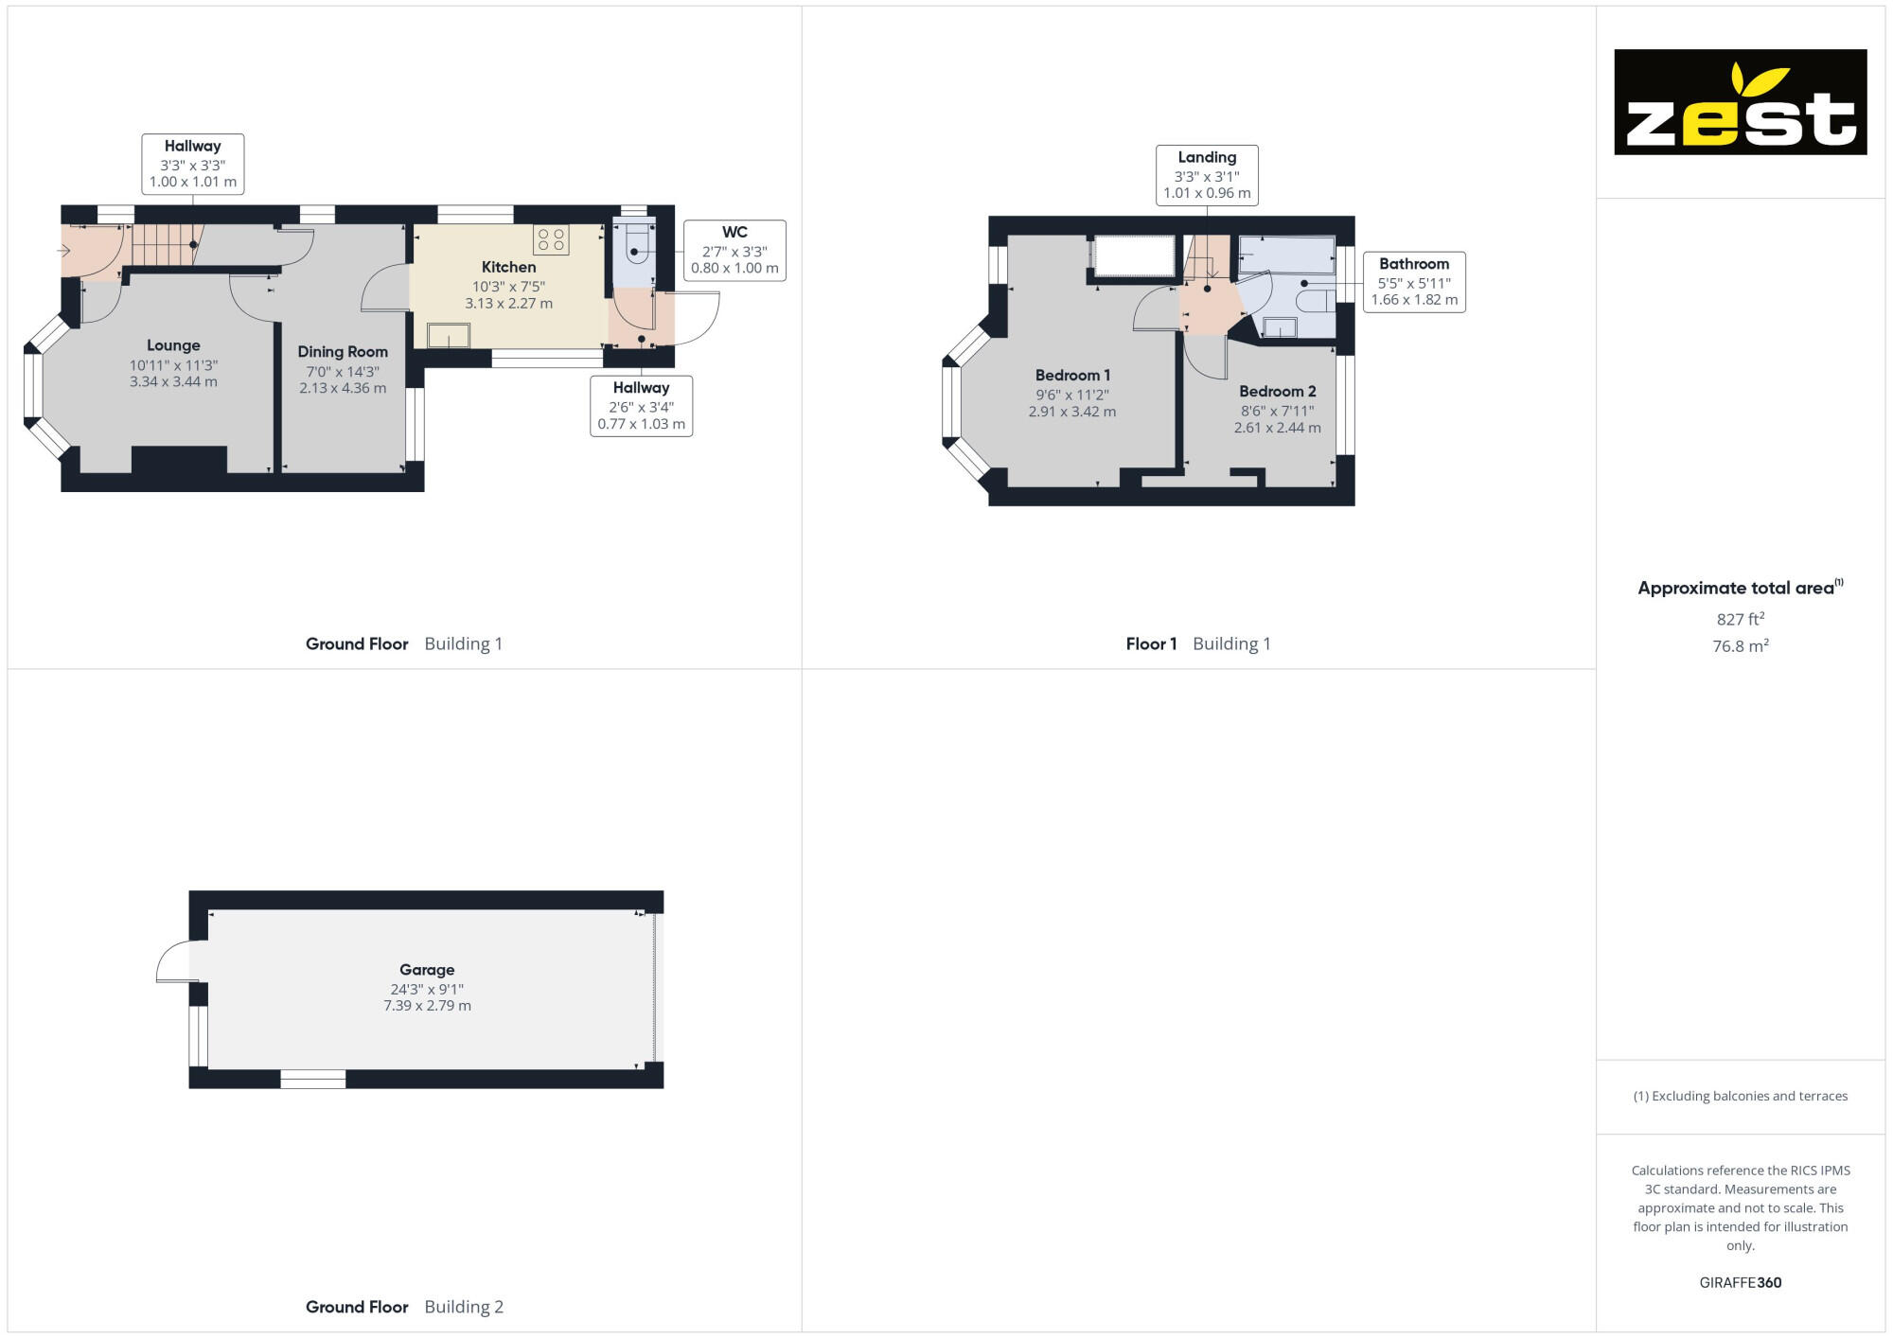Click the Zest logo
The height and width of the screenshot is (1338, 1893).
1740,102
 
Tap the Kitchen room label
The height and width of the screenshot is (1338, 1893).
508,267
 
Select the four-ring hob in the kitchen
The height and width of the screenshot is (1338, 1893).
551,239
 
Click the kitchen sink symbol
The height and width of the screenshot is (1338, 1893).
448,335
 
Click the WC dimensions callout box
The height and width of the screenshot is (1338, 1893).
734,251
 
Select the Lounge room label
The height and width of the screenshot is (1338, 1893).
173,345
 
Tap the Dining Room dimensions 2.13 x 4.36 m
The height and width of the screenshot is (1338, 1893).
343,388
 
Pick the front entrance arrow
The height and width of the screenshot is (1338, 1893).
63,251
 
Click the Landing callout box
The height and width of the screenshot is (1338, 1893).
1207,175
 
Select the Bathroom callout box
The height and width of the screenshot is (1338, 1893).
1414,282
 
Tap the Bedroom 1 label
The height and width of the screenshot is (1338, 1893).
1072,375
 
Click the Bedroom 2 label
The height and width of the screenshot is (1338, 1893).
1277,391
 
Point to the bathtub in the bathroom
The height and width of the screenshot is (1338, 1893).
1286,255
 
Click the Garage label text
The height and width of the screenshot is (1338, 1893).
427,969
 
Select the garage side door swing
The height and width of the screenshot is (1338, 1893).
174,961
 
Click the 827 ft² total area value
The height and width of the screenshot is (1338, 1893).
1740,619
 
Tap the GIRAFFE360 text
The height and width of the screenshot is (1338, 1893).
1740,1282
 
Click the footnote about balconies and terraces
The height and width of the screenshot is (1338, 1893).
1740,1096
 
